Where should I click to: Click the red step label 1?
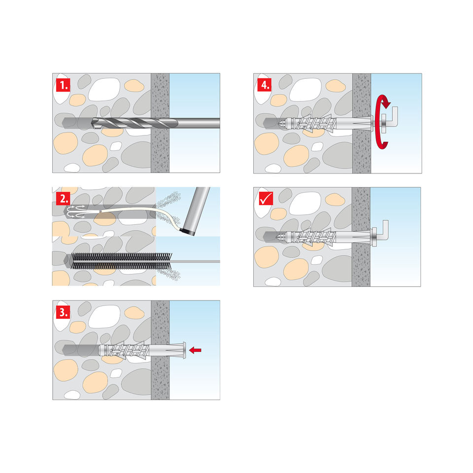coord(63,85)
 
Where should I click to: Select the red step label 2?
coord(63,199)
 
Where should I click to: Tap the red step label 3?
coord(63,311)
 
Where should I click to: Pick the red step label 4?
coord(264,85)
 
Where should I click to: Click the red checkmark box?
coord(266,198)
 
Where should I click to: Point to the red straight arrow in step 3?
coord(195,350)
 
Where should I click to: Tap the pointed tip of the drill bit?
coord(92,123)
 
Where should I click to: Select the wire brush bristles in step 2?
coord(121,261)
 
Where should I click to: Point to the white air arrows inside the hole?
coord(75,211)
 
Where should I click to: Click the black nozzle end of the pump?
coord(187,232)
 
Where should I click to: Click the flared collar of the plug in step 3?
coord(184,350)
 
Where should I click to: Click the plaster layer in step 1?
coord(160,123)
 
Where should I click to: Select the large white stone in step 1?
coord(104,89)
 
